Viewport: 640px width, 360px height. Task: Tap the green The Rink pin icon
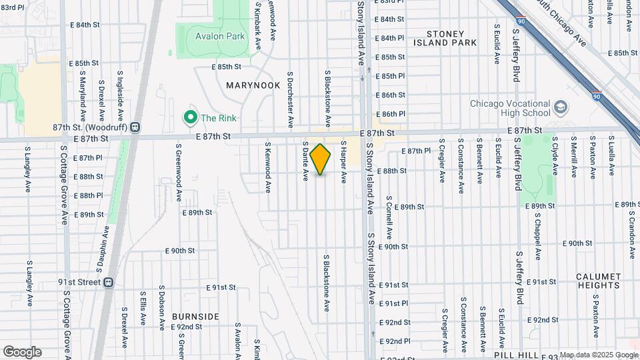click(x=190, y=118)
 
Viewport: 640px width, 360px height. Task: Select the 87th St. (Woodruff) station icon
click(x=135, y=127)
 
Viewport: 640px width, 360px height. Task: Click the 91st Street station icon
click(x=108, y=282)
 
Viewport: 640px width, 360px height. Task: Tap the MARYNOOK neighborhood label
click(x=253, y=85)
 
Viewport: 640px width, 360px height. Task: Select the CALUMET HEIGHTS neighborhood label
click(x=599, y=281)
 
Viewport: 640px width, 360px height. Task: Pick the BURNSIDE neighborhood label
click(x=195, y=316)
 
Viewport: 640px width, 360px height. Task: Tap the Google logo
click(x=22, y=352)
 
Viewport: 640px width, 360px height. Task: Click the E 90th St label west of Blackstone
click(x=180, y=251)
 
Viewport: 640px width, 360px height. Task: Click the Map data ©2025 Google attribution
click(x=598, y=355)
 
